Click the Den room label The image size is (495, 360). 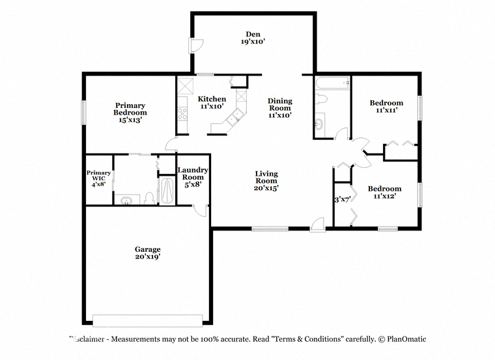pos(253,34)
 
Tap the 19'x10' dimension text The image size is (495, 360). pos(253,41)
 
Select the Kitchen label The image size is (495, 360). pos(212,99)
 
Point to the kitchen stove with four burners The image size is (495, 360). pos(182,113)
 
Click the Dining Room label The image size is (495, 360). pos(280,104)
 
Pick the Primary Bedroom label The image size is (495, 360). pos(130,109)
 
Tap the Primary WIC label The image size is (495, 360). pos(98,175)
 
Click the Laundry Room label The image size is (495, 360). pos(193,174)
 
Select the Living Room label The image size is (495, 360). pos(266,177)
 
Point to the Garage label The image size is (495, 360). pos(147,249)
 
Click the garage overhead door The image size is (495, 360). pos(147,320)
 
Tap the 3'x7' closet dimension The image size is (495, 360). pos(343,199)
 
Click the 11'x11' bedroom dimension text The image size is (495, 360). pos(386,110)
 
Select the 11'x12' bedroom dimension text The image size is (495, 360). pos(384,196)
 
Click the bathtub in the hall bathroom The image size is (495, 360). pos(332,83)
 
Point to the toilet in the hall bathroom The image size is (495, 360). pos(321,99)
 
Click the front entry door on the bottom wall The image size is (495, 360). pos(317,225)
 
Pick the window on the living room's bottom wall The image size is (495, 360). pos(270,228)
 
